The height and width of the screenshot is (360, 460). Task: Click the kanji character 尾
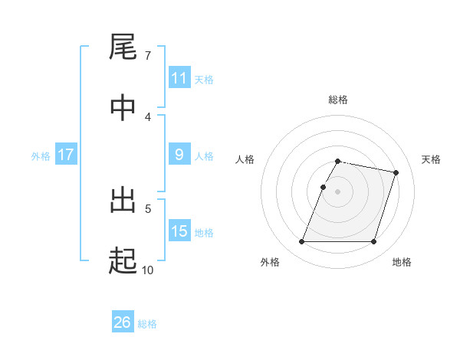tap(123, 47)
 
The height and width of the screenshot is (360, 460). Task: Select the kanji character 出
tap(123, 202)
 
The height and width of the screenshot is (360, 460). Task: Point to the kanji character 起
tap(123, 262)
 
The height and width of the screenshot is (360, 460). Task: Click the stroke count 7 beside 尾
tap(148, 56)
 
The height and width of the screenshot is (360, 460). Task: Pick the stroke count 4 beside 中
tap(148, 116)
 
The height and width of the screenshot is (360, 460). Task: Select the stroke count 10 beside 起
tap(148, 270)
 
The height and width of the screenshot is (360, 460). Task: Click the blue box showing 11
tap(179, 78)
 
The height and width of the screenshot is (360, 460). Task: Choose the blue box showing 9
tap(179, 155)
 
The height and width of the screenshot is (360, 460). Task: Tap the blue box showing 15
tap(179, 231)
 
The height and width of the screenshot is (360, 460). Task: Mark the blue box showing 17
tap(65, 155)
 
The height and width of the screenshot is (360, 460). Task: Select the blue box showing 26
tap(122, 322)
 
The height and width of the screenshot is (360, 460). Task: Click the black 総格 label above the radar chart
tap(338, 100)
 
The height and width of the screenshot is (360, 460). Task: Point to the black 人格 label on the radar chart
tap(245, 159)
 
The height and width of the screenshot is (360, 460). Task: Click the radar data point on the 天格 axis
tap(396, 173)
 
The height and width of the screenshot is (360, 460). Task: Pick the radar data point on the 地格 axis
tap(373, 242)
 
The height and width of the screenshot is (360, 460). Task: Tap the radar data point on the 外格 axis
tap(302, 242)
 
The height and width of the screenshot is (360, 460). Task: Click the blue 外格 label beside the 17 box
tap(41, 155)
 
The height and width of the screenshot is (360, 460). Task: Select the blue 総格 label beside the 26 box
tap(147, 324)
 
